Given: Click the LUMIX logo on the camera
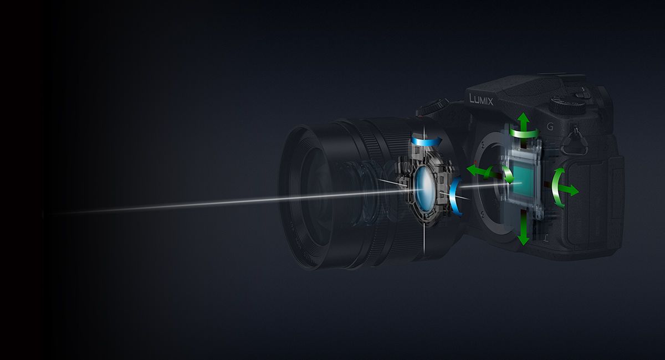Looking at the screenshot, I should coord(482,99).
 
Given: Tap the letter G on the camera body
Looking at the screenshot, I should coord(550,126).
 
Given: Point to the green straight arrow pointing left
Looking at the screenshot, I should coord(475,169).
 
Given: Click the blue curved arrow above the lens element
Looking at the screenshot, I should coord(427,142).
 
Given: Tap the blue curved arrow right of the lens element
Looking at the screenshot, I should coord(456,196).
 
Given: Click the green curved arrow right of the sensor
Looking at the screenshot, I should coord(557,187).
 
